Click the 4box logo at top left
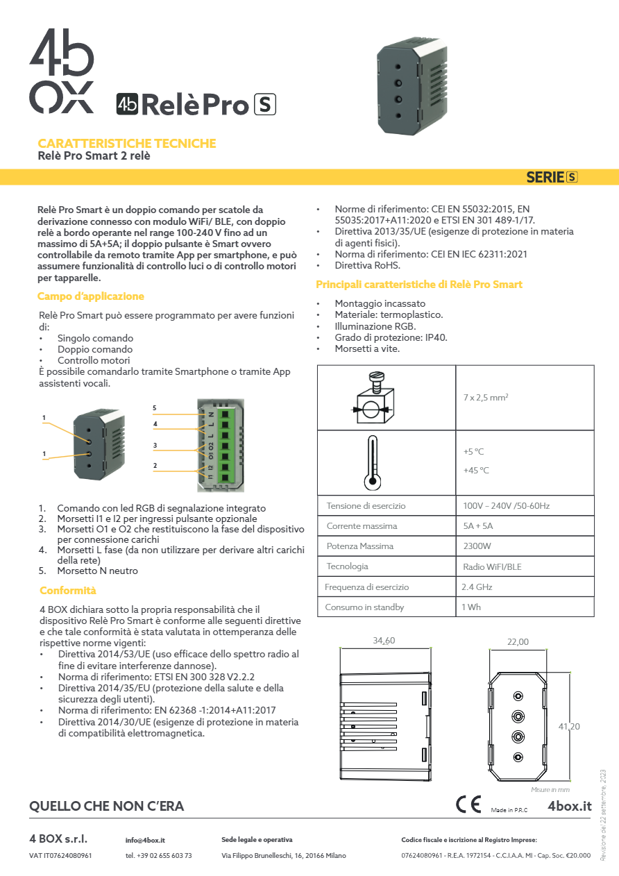[61, 71]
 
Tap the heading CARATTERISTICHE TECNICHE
[126, 144]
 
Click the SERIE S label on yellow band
[552, 177]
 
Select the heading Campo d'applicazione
[90, 296]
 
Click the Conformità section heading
[67, 591]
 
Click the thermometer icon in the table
[373, 462]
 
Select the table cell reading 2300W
[477, 546]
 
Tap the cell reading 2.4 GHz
[477, 587]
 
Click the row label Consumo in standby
[364, 607]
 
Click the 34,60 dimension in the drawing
[384, 641]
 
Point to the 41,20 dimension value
[568, 726]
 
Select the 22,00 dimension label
[517, 642]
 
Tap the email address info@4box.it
[145, 841]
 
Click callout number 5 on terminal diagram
[155, 407]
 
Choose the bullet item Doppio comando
[95, 349]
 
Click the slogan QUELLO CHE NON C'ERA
[107, 807]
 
